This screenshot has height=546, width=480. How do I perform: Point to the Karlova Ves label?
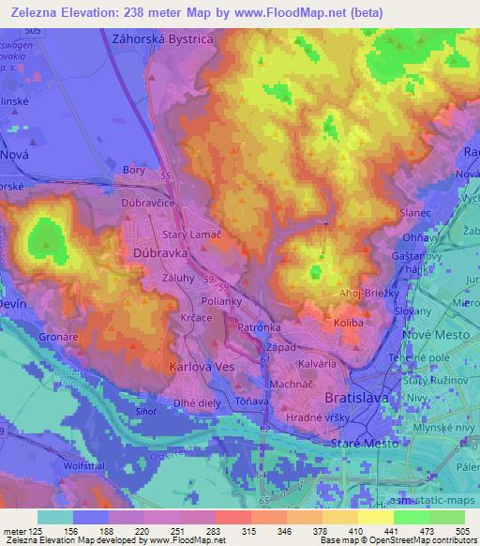[200, 367]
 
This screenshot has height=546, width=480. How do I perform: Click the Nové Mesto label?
[434, 336]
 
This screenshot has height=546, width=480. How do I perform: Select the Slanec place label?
[413, 212]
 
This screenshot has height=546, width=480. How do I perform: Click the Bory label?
[133, 170]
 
